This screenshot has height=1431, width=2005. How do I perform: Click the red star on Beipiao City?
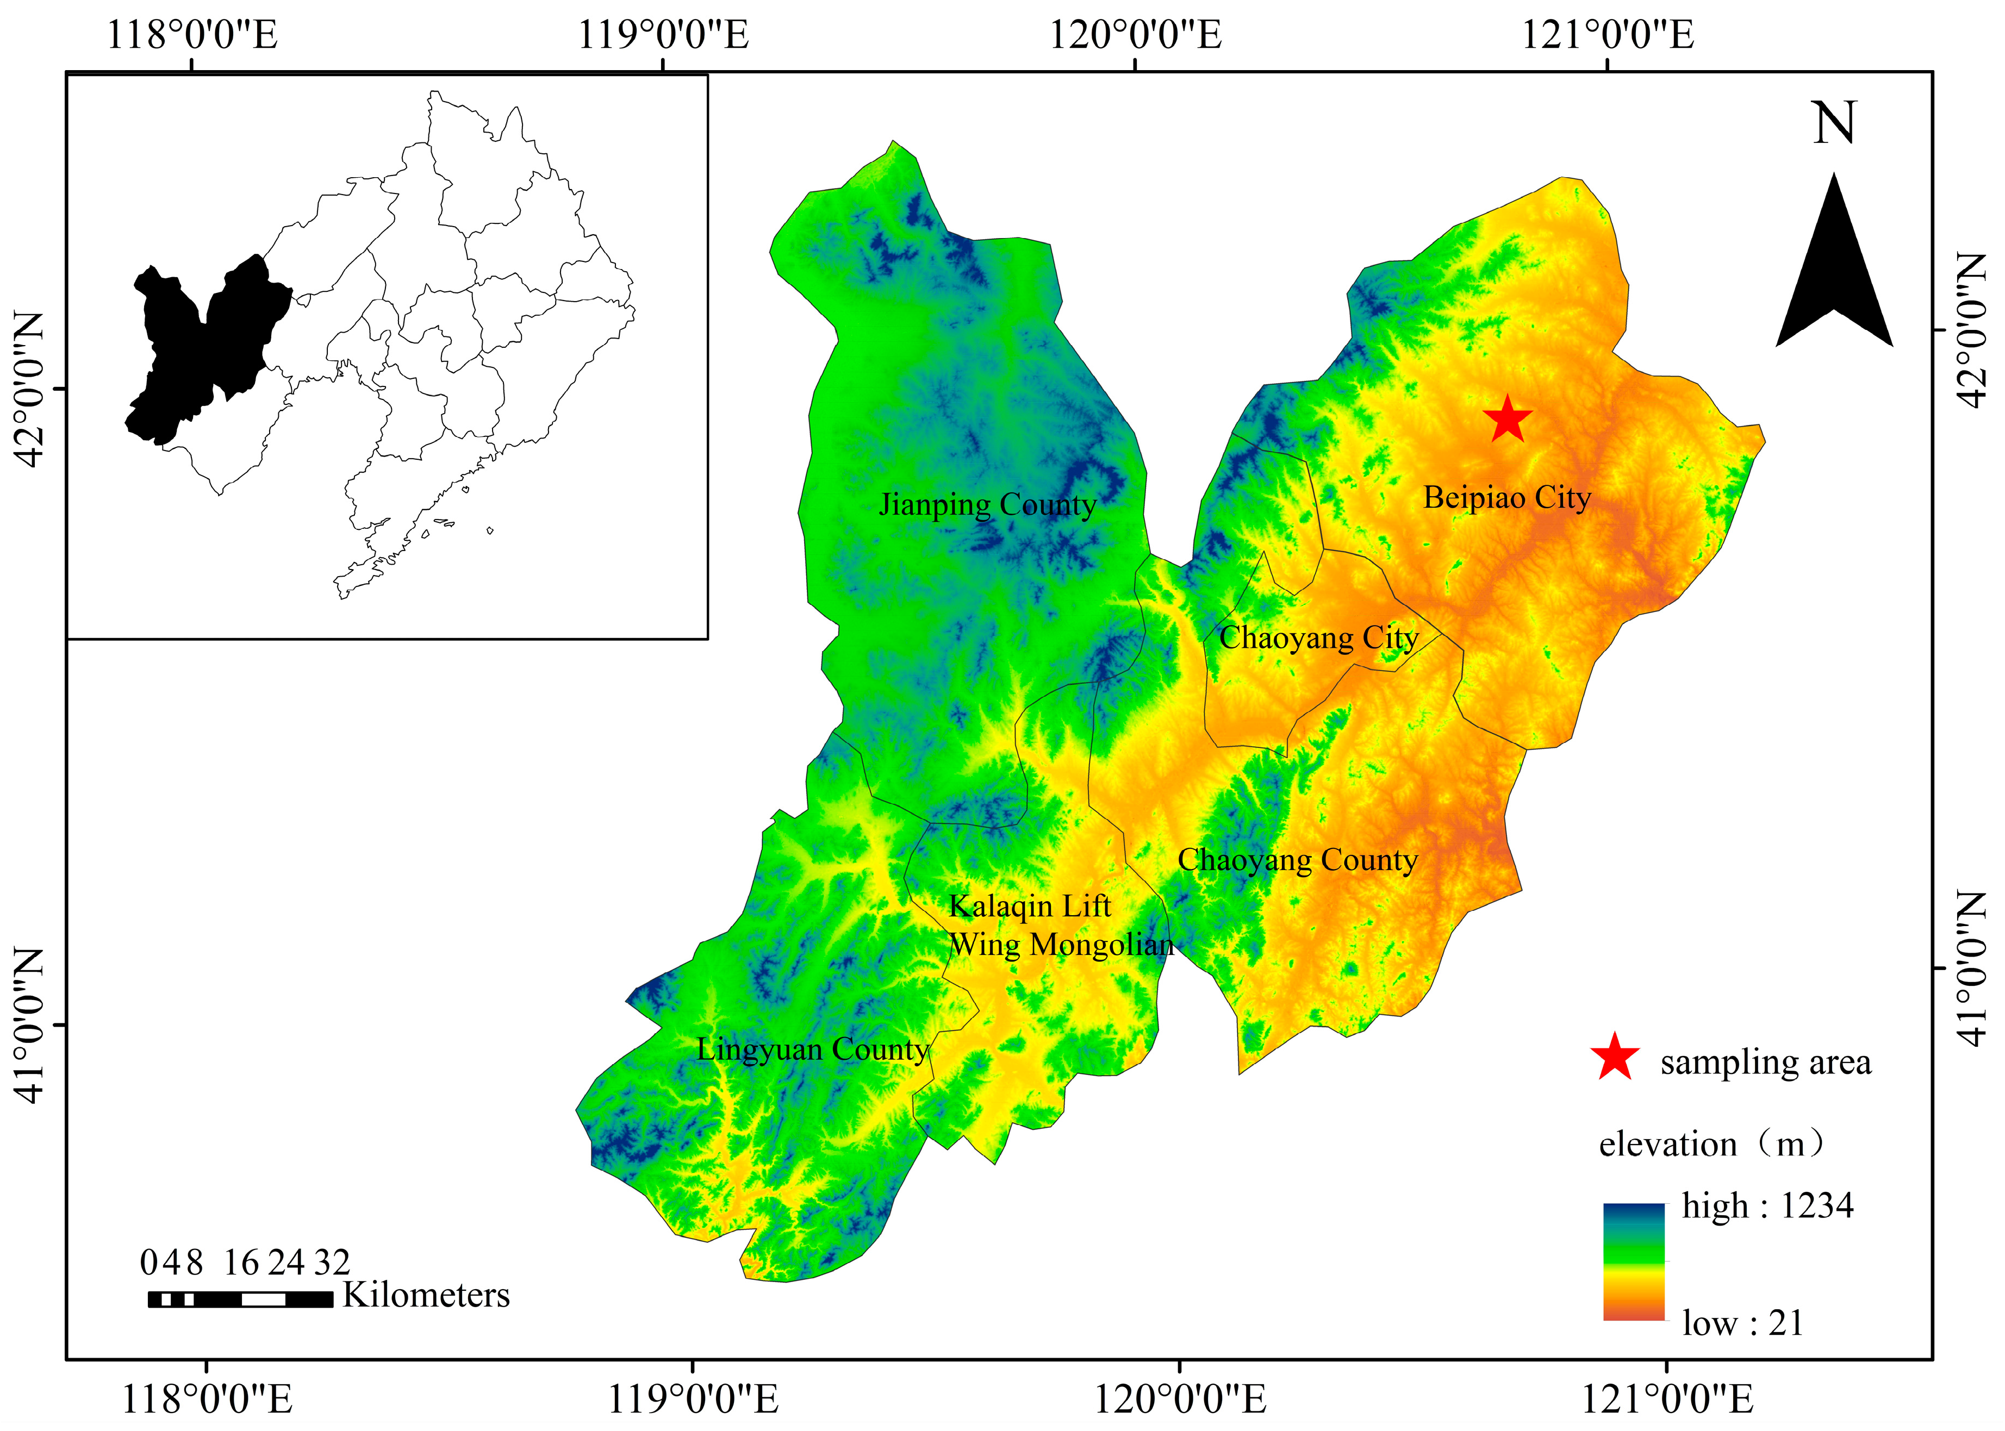(x=1507, y=420)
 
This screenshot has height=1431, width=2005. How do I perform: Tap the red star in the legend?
(x=1615, y=1058)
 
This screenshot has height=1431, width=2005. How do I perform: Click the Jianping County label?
(x=987, y=505)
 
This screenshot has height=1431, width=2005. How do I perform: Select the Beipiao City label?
(x=1507, y=498)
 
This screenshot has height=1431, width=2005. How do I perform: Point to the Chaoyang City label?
(x=1318, y=638)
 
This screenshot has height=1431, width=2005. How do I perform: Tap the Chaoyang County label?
(x=1297, y=860)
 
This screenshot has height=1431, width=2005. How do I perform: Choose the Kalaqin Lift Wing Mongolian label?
(x=1060, y=925)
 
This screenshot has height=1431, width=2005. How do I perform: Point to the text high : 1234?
(x=1767, y=1205)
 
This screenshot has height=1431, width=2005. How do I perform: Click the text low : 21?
(x=1742, y=1323)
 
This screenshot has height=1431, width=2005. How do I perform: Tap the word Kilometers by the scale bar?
(x=426, y=1295)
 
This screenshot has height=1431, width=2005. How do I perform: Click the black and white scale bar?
(x=240, y=1299)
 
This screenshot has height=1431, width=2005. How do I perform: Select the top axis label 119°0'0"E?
(x=663, y=36)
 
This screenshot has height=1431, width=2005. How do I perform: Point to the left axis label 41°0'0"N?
(x=28, y=1025)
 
